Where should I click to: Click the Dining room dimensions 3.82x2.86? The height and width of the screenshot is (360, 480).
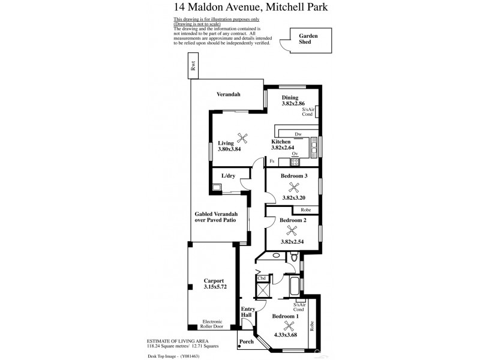point(294,104)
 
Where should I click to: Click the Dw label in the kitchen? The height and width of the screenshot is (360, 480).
point(298,134)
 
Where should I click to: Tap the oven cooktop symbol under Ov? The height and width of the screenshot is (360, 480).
point(295,161)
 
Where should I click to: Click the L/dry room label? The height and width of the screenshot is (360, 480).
point(229,176)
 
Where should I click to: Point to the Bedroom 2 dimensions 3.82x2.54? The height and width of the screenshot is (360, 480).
point(293,242)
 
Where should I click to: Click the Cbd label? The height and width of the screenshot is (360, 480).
point(261,278)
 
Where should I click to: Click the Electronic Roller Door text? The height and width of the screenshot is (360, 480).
point(214,324)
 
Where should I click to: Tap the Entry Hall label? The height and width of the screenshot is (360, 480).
point(248,311)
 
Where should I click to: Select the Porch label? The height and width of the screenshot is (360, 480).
point(247,343)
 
